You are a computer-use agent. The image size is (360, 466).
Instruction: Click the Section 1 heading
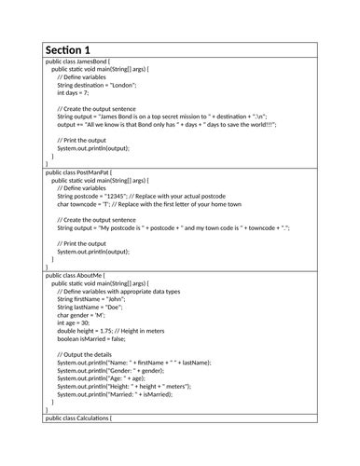coord(67,49)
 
